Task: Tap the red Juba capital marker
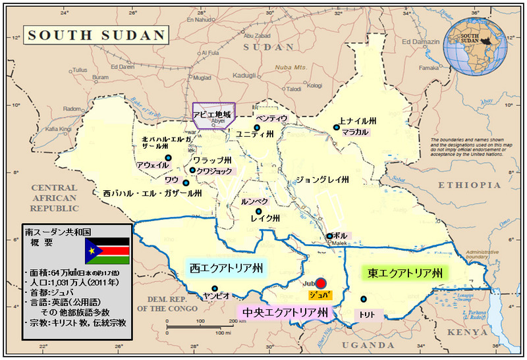[321, 282]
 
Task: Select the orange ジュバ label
[321, 294]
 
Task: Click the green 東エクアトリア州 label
[404, 272]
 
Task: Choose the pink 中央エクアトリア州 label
[285, 311]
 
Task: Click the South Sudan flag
[107, 251]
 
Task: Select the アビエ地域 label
[211, 114]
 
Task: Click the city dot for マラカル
[337, 128]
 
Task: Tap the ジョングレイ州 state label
[322, 178]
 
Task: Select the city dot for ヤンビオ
[215, 288]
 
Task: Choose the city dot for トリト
[363, 299]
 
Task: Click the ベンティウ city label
[272, 118]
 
